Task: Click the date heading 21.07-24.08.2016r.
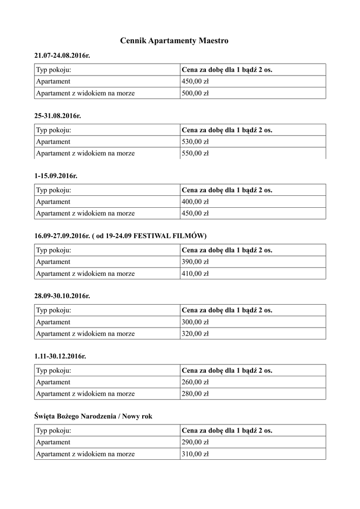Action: coord(62,55)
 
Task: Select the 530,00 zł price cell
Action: coord(195,142)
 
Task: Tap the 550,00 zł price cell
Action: coord(195,153)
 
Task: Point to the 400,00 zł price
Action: coord(195,202)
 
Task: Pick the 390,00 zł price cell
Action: coord(195,262)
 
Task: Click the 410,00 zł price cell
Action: coord(195,273)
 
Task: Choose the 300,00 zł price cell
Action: coord(195,322)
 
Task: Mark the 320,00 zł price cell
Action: coord(195,334)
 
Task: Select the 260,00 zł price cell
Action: coord(195,382)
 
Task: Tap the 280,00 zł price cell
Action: coord(195,394)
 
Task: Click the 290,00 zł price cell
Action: coord(195,442)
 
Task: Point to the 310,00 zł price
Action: coord(195,454)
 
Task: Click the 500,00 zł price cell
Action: coord(195,93)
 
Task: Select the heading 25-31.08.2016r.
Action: coord(57,115)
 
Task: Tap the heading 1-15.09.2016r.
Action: coord(56,175)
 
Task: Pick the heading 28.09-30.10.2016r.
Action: coord(62,296)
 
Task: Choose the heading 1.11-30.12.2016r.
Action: coord(61,356)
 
